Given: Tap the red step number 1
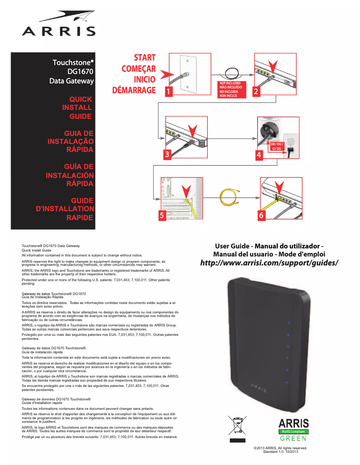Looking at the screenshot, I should (x=168, y=91).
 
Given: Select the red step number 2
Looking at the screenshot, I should (x=256, y=91).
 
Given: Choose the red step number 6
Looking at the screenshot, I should (x=261, y=216).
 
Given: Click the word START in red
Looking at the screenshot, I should (x=145, y=58).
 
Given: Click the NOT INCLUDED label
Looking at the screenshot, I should (x=230, y=83).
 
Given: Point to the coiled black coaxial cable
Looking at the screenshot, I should (x=232, y=72).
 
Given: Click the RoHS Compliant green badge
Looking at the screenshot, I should (x=293, y=432).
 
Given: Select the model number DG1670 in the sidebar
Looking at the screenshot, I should (x=80, y=71).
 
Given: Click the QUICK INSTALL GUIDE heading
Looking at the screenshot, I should (x=77, y=108).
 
